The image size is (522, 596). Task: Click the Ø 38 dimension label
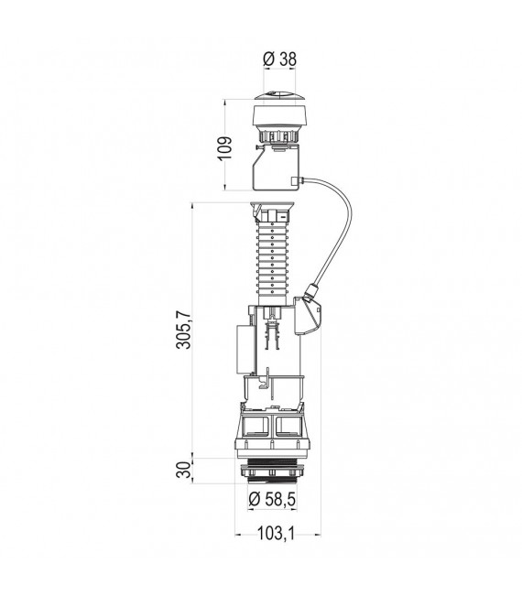tap(279, 60)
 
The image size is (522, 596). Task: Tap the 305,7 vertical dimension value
tap(184, 330)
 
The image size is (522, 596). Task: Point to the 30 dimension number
tap(184, 471)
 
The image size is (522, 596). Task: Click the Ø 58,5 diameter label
tap(272, 499)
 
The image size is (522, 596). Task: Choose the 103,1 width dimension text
tap(277, 534)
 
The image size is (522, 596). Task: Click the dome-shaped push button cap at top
tap(277, 96)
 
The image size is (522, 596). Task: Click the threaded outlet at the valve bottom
tap(272, 471)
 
